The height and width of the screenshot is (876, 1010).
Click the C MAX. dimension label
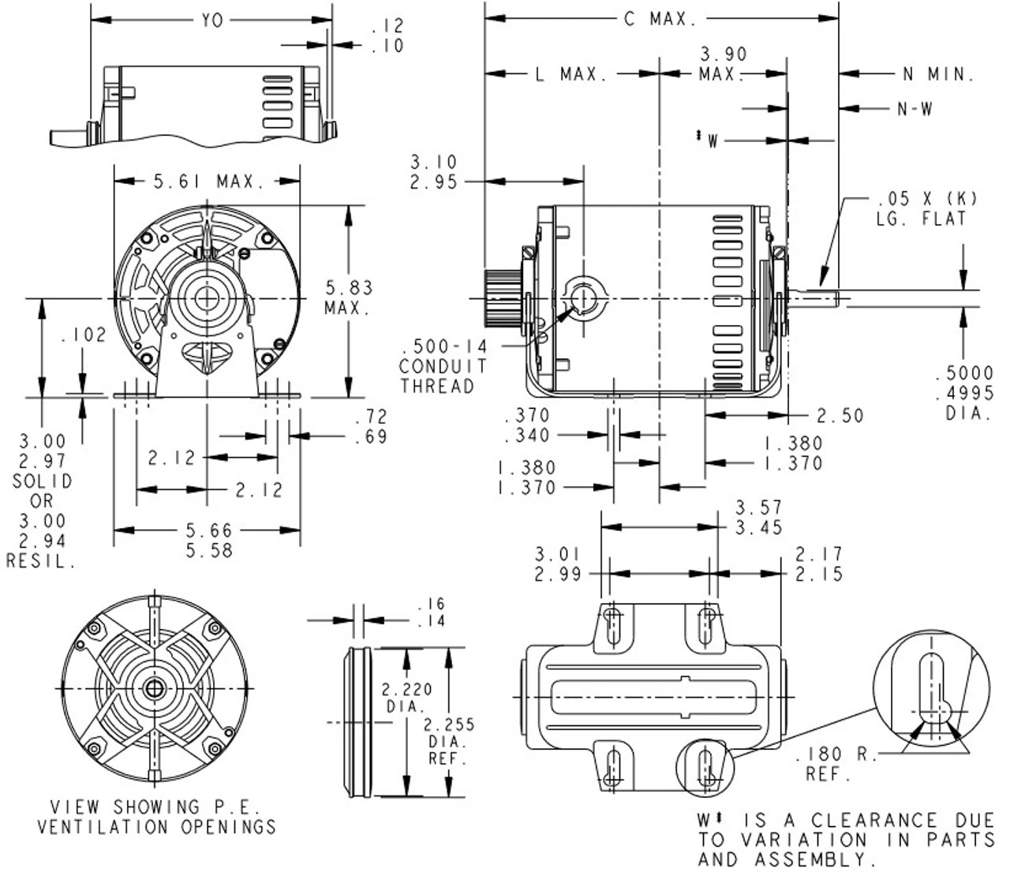tap(660, 18)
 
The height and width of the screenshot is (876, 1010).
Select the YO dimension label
tap(211, 21)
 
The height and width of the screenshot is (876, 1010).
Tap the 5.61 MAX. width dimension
tap(208, 182)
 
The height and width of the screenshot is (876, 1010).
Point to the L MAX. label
tap(571, 75)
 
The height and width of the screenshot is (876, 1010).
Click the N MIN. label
tap(938, 75)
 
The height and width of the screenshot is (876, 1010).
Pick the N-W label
tap(915, 110)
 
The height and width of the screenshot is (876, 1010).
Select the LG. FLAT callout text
tap(921, 219)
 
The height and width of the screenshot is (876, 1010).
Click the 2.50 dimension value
tap(840, 415)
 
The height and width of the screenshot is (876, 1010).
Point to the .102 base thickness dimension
tap(83, 335)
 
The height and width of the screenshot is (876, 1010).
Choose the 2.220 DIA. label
tap(406, 698)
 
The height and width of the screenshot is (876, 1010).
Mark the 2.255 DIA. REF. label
tap(448, 742)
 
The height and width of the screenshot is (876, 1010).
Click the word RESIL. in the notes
tap(42, 562)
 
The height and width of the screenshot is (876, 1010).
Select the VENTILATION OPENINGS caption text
tap(157, 827)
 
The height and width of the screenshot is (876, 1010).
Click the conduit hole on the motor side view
tap(584, 298)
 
